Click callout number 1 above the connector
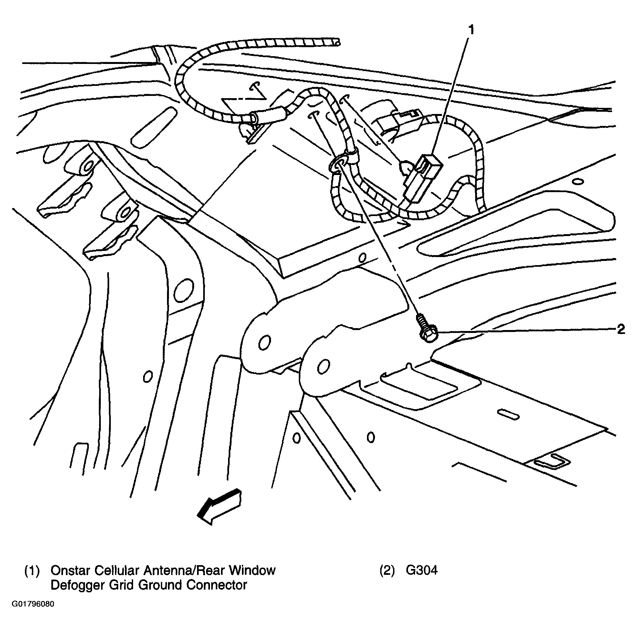click(472, 30)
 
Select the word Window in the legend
click(252, 570)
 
